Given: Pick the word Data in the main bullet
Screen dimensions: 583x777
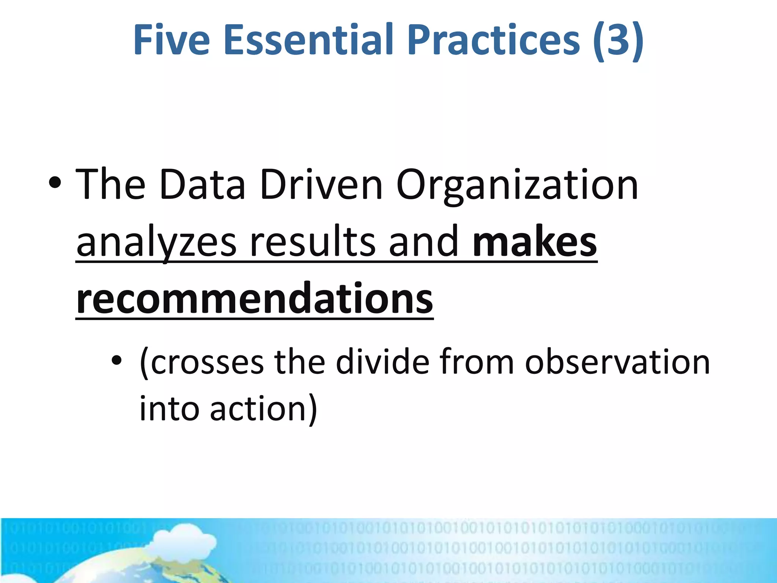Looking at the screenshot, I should click(203, 185).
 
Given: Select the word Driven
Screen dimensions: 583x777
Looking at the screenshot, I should click(321, 185).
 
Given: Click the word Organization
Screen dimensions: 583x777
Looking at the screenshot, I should click(517, 185).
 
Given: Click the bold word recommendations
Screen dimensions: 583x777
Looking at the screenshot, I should click(255, 299).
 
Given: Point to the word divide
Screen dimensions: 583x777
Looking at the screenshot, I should click(383, 362).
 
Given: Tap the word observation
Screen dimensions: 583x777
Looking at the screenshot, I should click(617, 362).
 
